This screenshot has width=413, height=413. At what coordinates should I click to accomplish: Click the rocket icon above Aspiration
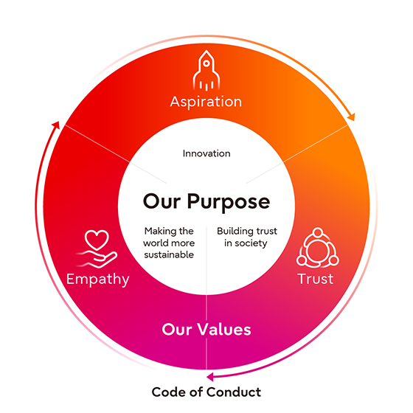click(206, 71)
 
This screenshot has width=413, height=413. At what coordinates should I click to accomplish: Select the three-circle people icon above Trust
click(318, 247)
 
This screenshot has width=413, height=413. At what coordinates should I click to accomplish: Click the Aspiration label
click(206, 102)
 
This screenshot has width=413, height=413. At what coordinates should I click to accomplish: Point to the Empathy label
click(97, 280)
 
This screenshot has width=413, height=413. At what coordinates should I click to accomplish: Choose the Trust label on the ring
click(316, 279)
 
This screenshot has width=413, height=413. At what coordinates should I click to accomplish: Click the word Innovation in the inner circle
click(206, 153)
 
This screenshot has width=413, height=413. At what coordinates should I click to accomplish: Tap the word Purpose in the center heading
click(229, 202)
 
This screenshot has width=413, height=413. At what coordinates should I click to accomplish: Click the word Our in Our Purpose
click(162, 201)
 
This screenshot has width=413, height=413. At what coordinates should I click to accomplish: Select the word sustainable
click(169, 254)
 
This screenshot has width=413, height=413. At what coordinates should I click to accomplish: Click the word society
click(251, 243)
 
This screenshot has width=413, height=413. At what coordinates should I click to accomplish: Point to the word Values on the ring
click(224, 330)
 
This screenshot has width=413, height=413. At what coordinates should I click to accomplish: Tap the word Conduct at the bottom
click(234, 392)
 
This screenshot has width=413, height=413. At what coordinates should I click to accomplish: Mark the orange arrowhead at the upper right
click(351, 117)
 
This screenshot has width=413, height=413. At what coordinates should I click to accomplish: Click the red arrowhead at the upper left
click(56, 125)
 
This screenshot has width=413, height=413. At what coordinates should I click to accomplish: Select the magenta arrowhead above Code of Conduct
click(210, 377)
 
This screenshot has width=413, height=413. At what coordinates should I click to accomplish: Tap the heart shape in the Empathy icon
click(97, 239)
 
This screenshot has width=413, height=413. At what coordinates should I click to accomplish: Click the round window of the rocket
click(206, 63)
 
